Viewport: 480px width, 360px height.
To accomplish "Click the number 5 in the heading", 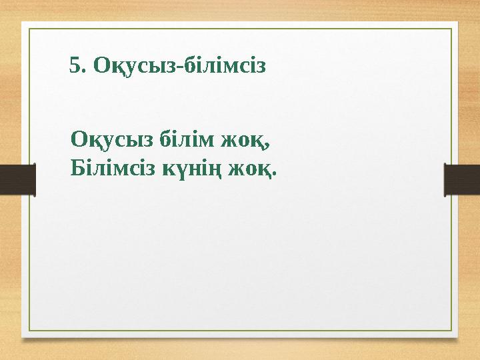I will tap(75, 66).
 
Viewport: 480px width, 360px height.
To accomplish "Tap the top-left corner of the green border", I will tap(27, 28).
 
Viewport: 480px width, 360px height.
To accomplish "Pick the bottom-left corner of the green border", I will tap(27, 331).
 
